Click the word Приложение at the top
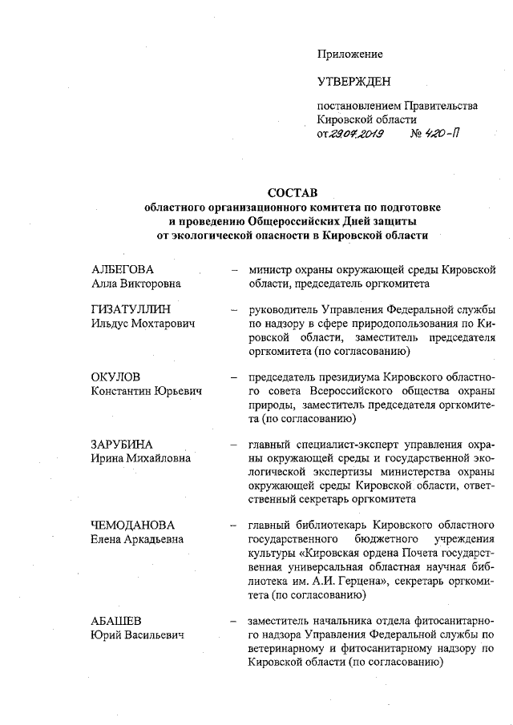click(x=350, y=54)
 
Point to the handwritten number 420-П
click(x=441, y=134)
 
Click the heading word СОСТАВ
click(x=292, y=192)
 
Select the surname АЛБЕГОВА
click(x=123, y=268)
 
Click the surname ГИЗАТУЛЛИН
click(x=130, y=308)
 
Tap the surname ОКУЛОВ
click(x=116, y=376)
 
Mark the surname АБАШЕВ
click(x=119, y=621)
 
